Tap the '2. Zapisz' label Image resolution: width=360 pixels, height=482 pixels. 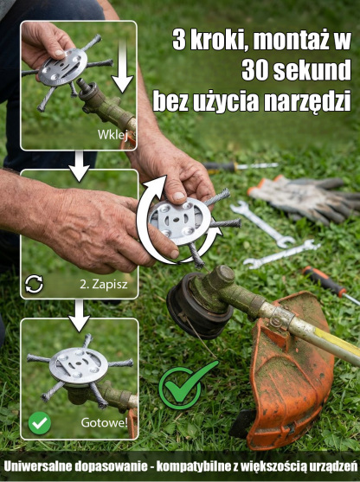tap(104, 283)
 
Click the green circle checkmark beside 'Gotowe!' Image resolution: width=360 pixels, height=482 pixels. tap(39, 423)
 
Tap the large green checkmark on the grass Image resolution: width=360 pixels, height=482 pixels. tap(186, 385)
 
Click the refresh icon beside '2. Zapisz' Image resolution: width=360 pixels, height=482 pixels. tap(35, 283)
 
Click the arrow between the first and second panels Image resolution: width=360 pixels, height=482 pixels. tap(79, 164)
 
